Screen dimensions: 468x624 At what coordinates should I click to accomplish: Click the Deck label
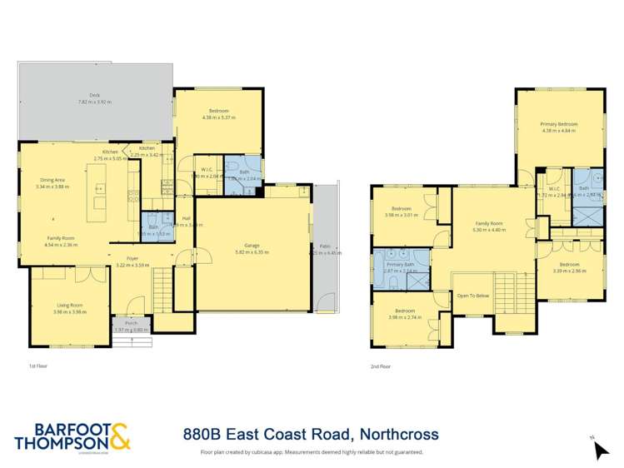coord(94,96)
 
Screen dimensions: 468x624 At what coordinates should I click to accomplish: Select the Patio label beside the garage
coord(324,246)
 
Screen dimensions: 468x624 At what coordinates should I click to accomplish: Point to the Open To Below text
coord(472,296)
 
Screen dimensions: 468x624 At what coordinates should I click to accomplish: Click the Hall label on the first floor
coord(187,218)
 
